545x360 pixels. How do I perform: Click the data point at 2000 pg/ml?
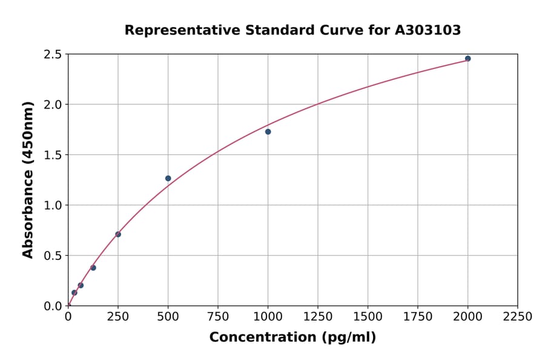(467, 59)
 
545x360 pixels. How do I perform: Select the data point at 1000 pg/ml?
(268, 132)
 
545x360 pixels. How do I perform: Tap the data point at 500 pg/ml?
(168, 178)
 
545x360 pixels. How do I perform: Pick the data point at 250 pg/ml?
(118, 235)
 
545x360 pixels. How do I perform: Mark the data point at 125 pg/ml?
(93, 268)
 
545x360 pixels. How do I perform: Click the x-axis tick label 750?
(218, 317)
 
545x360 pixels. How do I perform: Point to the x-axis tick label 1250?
(318, 317)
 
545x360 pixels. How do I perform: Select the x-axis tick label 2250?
(518, 317)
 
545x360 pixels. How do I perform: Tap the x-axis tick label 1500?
(368, 317)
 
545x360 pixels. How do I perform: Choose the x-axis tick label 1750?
(418, 317)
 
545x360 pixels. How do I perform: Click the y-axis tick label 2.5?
(53, 55)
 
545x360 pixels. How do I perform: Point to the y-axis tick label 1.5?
(53, 155)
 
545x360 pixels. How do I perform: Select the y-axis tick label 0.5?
(53, 256)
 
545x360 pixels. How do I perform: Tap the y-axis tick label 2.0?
(53, 105)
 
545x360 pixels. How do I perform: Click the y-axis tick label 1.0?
(53, 205)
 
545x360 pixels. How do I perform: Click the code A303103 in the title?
(428, 30)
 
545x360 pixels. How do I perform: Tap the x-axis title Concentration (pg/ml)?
(292, 338)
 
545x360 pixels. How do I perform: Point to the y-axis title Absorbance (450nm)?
(28, 180)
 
